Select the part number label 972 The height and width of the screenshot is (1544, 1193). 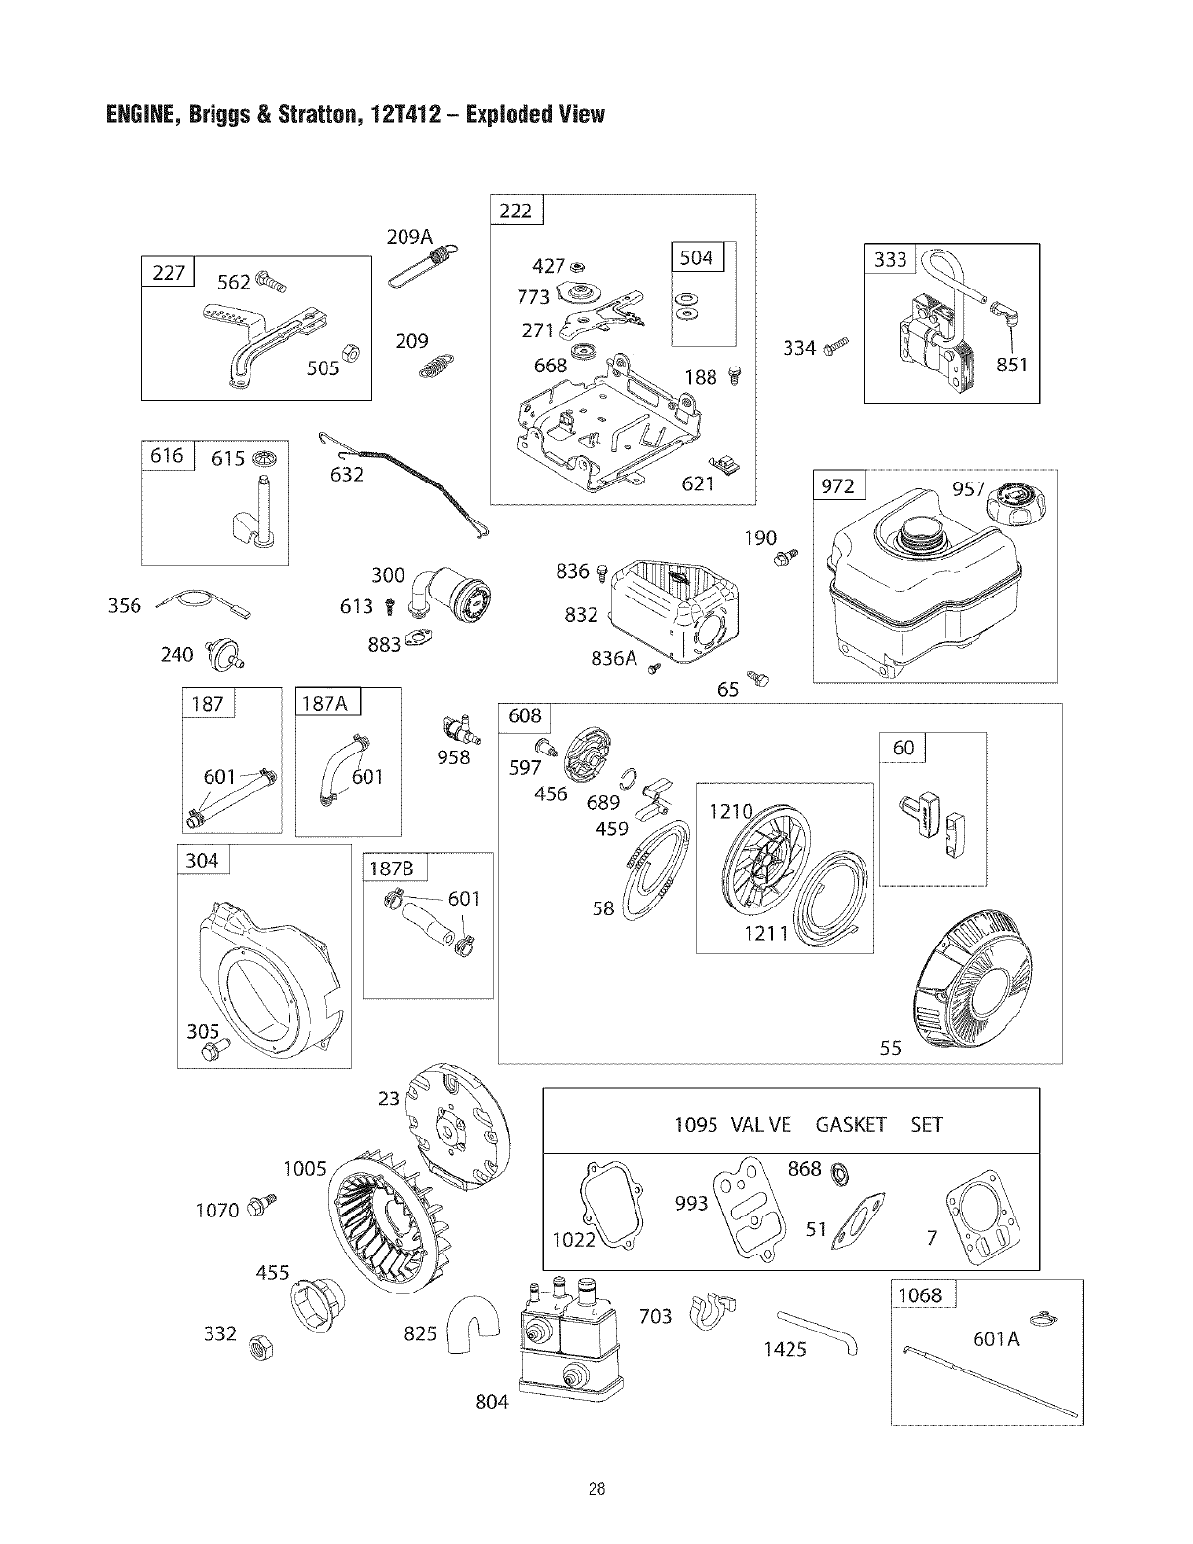pyautogui.click(x=838, y=486)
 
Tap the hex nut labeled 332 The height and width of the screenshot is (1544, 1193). pyautogui.click(x=261, y=1348)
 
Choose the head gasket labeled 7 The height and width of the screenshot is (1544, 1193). pyautogui.click(x=979, y=1224)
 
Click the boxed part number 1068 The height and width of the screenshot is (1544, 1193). pyautogui.click(x=918, y=1294)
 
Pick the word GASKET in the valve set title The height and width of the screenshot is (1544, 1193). pyautogui.click(x=850, y=1125)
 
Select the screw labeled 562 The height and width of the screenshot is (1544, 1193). pyautogui.click(x=269, y=285)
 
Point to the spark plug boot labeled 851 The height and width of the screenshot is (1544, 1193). pyautogui.click(x=1001, y=314)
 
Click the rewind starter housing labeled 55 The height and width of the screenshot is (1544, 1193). pyautogui.click(x=984, y=984)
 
